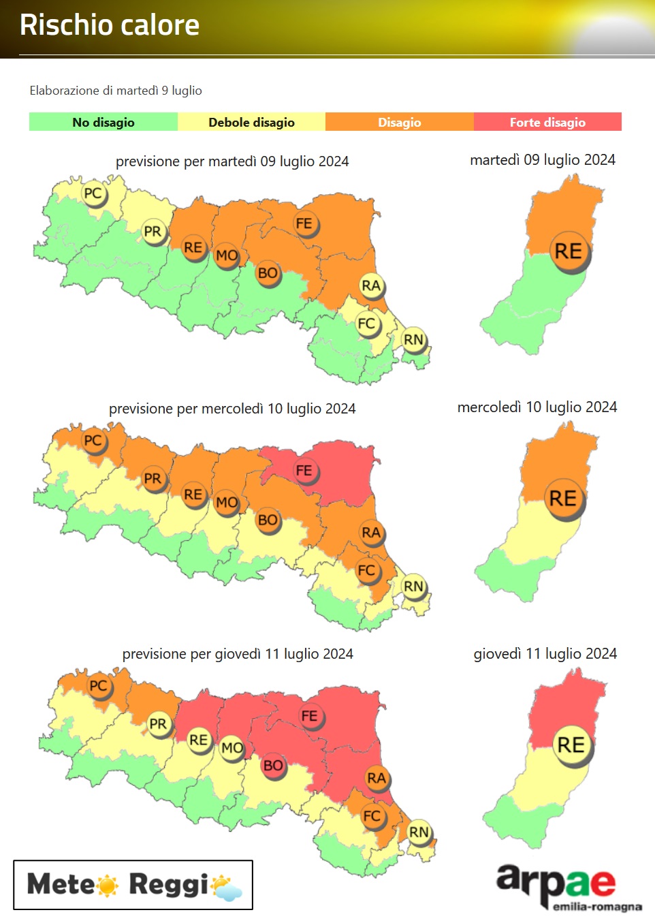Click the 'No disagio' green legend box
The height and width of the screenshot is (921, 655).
click(103, 122)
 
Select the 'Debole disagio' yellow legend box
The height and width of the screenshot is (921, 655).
click(251, 122)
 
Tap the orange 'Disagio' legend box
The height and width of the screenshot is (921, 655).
click(400, 122)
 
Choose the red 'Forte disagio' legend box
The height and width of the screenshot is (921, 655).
click(547, 122)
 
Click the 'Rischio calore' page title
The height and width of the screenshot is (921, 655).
click(110, 25)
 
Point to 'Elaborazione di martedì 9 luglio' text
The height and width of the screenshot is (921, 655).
click(116, 91)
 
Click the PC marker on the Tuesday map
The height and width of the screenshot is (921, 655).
click(93, 193)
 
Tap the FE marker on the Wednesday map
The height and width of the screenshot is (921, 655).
click(304, 471)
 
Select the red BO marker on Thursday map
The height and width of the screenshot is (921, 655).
click(273, 766)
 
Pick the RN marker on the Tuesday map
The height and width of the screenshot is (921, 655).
click(413, 339)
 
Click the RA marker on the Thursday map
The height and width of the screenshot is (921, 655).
click(377, 778)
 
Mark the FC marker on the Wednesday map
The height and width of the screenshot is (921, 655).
click(366, 570)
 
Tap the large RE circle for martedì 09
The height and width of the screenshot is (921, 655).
click(569, 251)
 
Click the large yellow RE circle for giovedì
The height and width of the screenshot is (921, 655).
click(571, 745)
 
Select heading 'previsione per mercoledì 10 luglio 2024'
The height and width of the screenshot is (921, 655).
click(232, 409)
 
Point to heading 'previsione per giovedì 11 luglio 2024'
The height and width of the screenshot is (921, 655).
click(238, 654)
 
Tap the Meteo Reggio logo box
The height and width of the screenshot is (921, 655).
click(133, 885)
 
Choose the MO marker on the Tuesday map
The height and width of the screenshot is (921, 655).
click(227, 256)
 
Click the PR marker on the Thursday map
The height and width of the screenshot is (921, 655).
click(158, 724)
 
